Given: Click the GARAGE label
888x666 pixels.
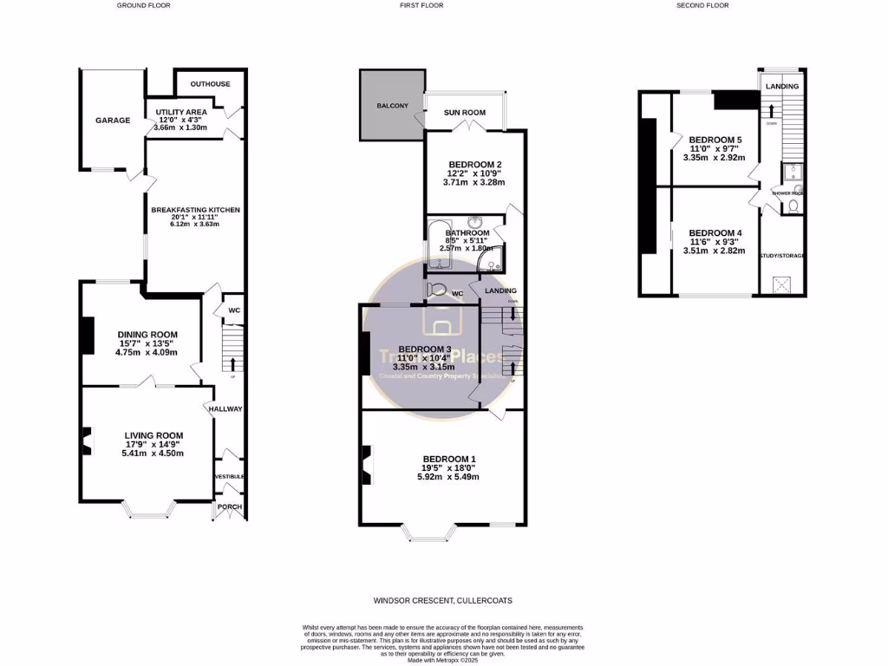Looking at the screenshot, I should click(x=113, y=120).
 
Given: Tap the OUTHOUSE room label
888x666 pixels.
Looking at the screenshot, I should click(x=210, y=84).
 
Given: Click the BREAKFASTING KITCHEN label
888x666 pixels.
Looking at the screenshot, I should click(x=195, y=210).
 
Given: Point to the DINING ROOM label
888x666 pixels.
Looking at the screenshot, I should click(x=147, y=335).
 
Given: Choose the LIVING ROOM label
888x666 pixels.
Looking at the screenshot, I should click(x=153, y=435).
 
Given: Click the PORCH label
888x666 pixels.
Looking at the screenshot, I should click(x=230, y=507).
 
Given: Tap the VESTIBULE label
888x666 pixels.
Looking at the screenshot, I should click(x=230, y=476).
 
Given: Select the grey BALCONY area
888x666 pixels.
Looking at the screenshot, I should click(x=392, y=106).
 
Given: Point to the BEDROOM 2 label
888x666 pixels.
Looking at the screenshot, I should click(x=474, y=164).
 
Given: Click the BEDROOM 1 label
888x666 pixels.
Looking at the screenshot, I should click(x=449, y=459).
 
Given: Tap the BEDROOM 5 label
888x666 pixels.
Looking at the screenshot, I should click(x=715, y=140).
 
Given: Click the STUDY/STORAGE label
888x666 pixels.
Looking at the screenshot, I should click(x=782, y=256).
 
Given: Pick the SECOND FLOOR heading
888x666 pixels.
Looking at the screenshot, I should click(x=702, y=5).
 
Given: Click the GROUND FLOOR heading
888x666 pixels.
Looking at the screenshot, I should click(x=144, y=5).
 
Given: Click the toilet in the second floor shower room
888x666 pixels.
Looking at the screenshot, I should click(x=793, y=206).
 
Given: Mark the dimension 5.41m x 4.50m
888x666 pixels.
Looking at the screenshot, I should click(x=153, y=454).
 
